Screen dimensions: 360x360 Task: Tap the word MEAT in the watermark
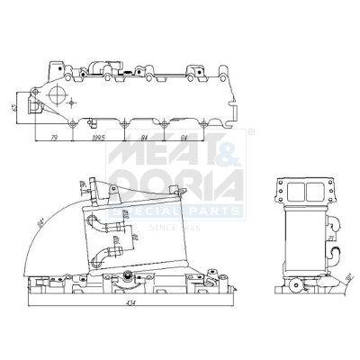[167, 159]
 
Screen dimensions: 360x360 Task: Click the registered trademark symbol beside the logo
[250, 132]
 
